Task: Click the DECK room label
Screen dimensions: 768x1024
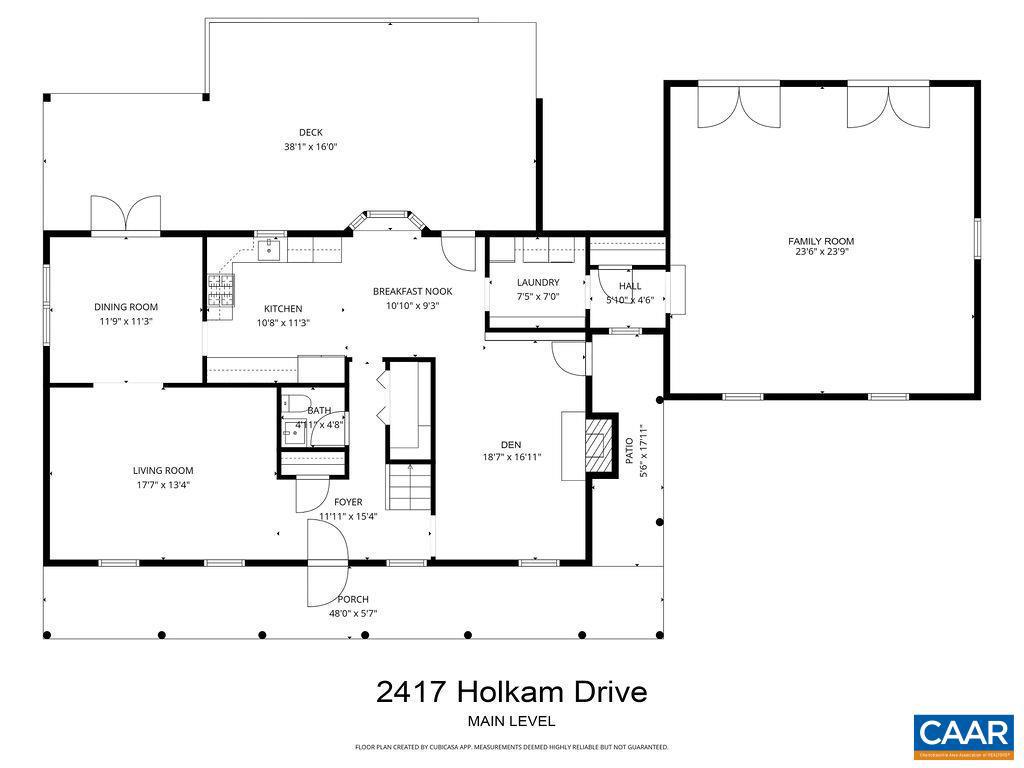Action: [310, 132]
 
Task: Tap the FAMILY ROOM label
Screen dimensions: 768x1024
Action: [820, 241]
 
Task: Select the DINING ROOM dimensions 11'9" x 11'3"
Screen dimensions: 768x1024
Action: [126, 322]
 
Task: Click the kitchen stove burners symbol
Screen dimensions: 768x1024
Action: [220, 290]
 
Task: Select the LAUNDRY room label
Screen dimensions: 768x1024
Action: [538, 283]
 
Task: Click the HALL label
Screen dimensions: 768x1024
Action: [630, 287]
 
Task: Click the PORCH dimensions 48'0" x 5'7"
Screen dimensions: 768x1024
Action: [352, 614]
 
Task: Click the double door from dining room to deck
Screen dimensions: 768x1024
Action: [125, 214]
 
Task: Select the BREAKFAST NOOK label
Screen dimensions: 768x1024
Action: [412, 292]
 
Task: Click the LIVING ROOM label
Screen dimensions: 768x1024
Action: [163, 471]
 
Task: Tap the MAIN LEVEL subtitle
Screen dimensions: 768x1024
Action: [511, 721]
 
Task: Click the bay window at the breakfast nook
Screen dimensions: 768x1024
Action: [387, 217]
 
